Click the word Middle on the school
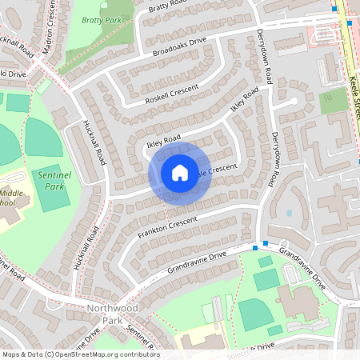click(x=11, y=193)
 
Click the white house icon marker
click(x=180, y=172)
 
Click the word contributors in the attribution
click(x=136, y=354)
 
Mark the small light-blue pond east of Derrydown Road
click(x=288, y=214)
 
